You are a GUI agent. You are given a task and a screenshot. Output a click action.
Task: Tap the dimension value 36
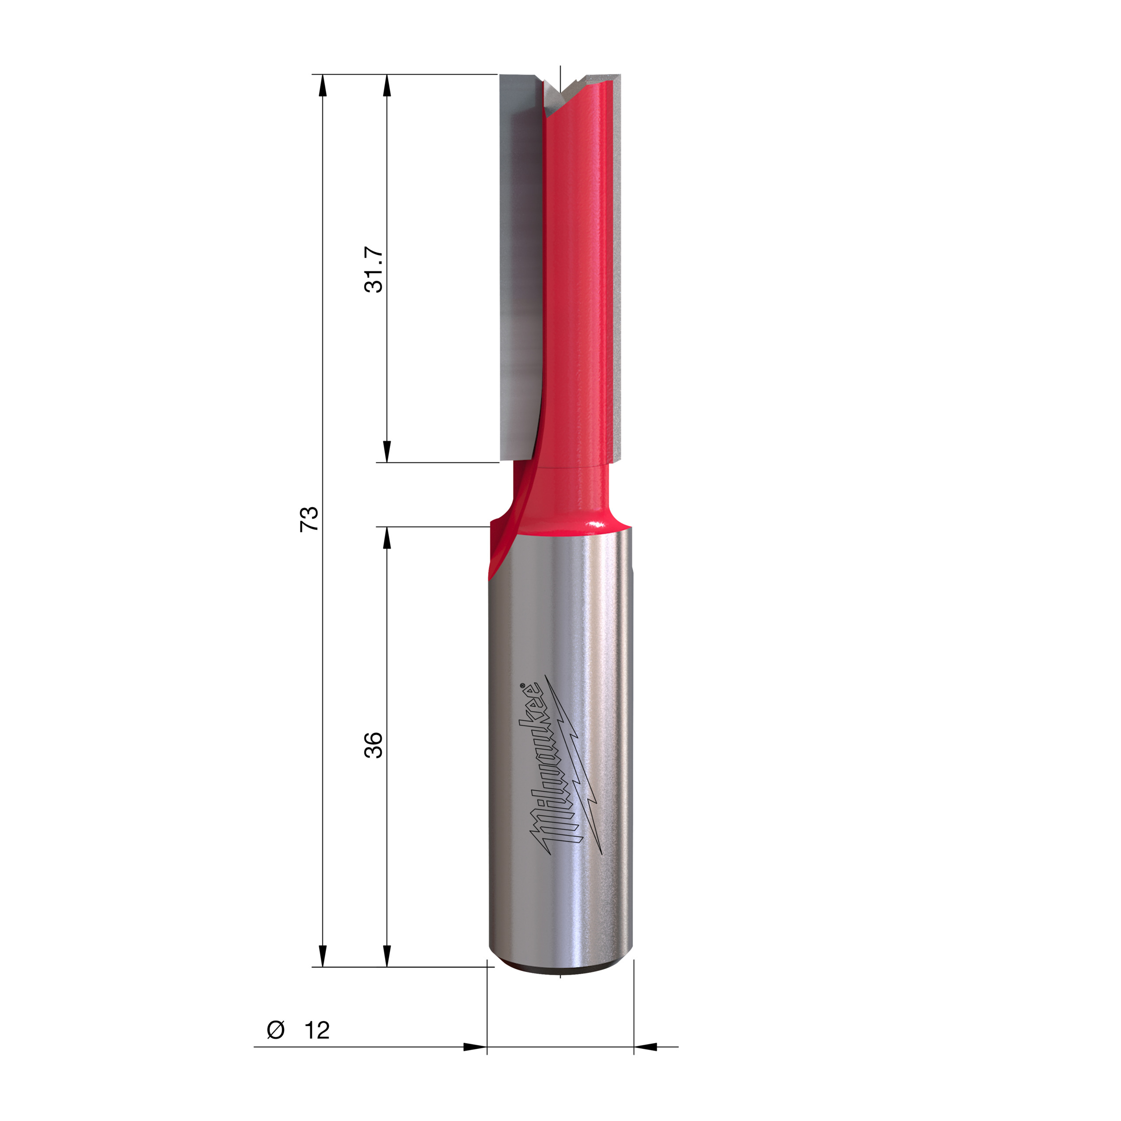pos(374,744)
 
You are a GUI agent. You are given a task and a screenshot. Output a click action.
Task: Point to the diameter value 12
pos(317,1030)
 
